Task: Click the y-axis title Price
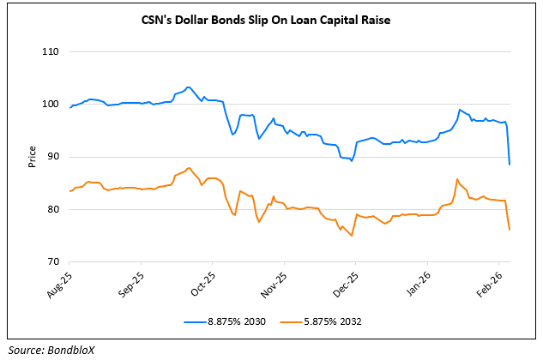[x=32, y=157]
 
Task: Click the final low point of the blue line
[x=510, y=164]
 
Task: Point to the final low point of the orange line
[x=510, y=230]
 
